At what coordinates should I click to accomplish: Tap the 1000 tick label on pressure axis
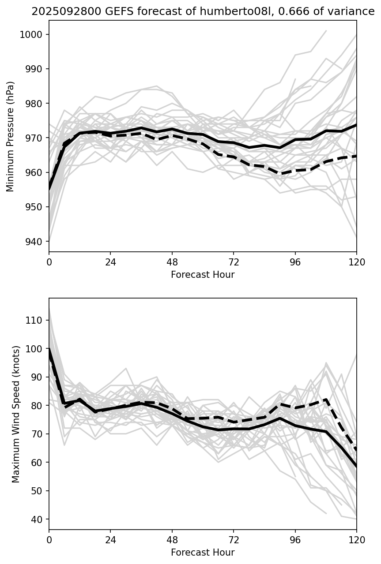point(34,35)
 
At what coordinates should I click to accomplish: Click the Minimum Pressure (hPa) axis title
point(11,136)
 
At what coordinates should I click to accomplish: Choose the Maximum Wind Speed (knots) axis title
point(16,414)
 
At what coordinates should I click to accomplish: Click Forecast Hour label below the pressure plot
point(203,275)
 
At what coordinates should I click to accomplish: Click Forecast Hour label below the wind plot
point(203,552)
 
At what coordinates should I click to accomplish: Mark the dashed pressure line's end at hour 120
point(356,156)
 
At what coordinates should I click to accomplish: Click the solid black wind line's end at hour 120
point(356,466)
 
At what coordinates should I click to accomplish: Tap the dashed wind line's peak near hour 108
point(326,400)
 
